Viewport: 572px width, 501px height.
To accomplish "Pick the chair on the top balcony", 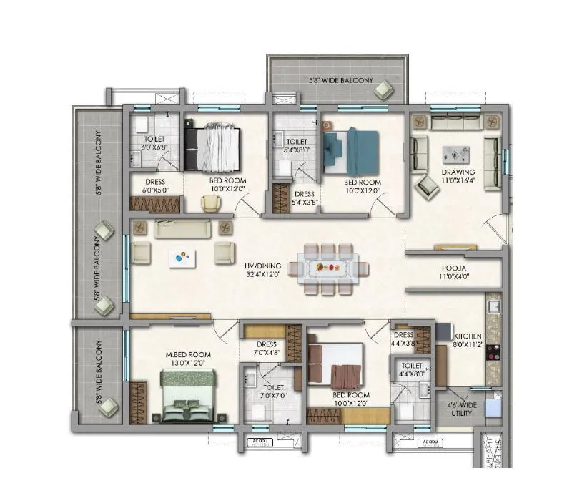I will (384, 89).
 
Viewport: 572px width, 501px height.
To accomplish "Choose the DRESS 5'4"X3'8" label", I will (305, 198).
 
